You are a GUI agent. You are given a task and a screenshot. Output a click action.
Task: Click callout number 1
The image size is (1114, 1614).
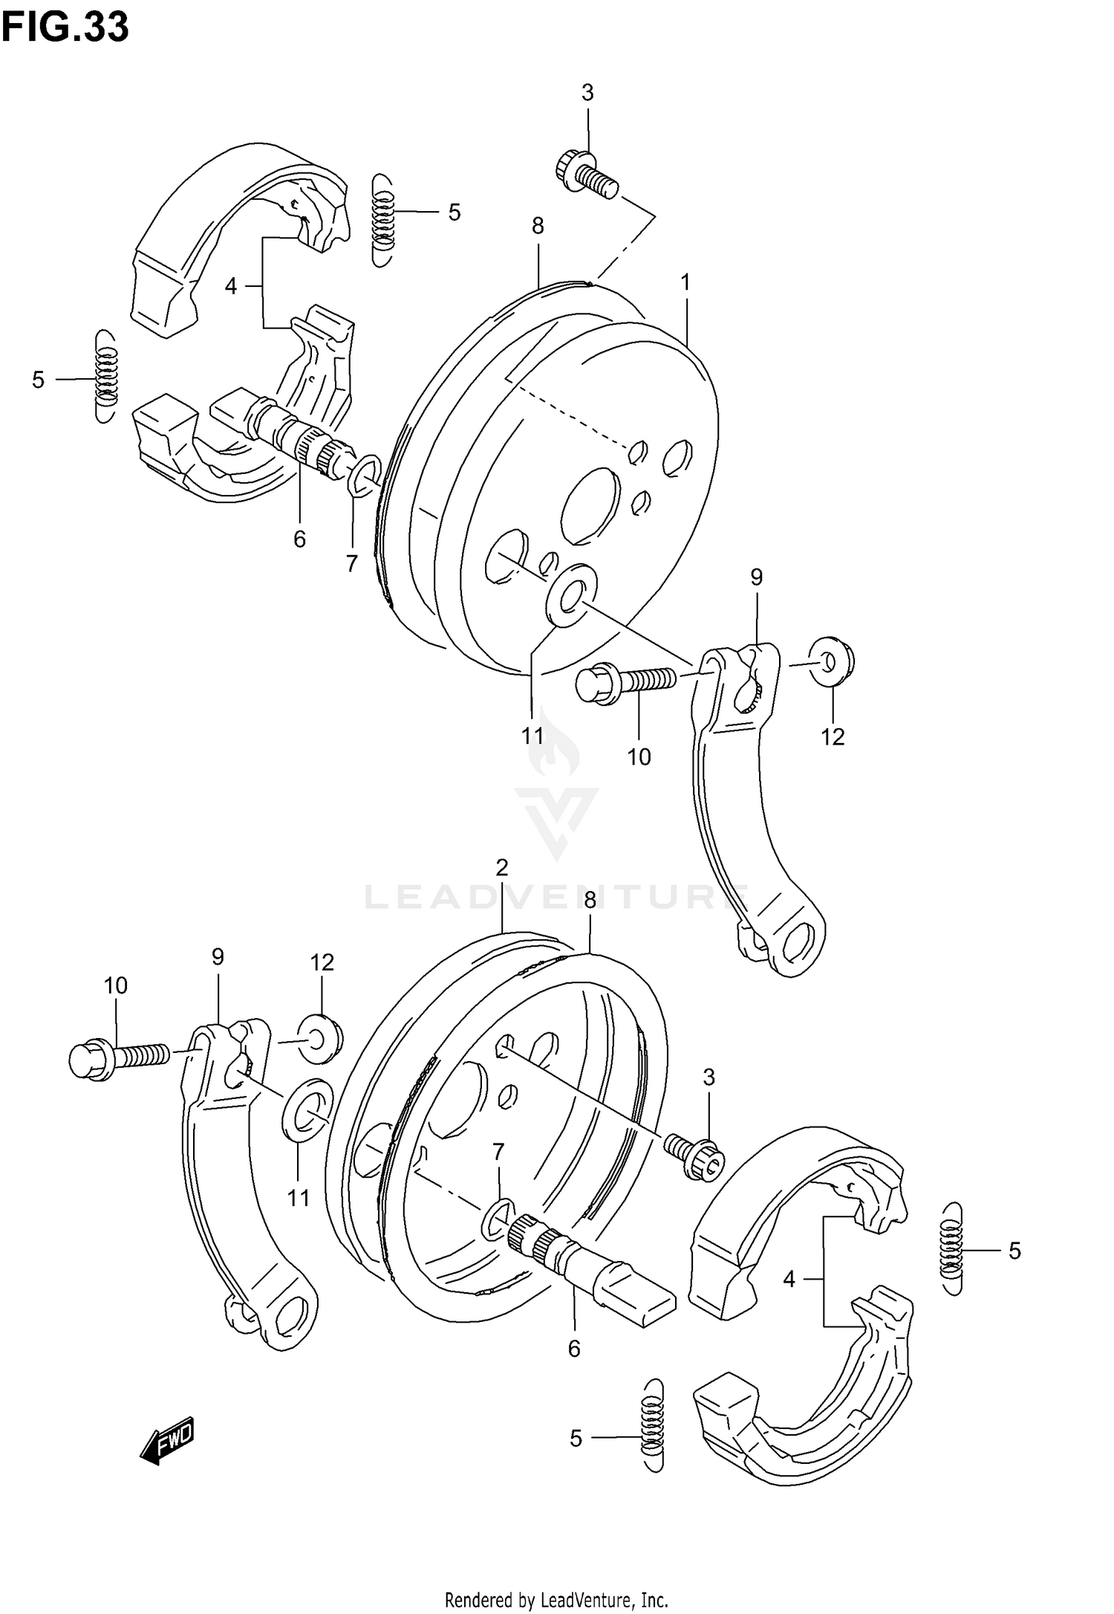tap(685, 282)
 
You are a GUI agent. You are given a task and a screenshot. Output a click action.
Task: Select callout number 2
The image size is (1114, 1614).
tap(502, 867)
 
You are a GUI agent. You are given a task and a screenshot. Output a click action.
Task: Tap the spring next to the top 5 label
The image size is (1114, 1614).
tap(382, 220)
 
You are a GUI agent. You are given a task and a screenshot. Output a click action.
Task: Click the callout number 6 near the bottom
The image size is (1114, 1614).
tap(573, 1349)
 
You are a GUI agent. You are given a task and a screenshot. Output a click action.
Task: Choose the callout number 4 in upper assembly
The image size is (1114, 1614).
tap(231, 286)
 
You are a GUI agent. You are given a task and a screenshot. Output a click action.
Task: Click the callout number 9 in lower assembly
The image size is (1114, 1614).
tap(218, 956)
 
